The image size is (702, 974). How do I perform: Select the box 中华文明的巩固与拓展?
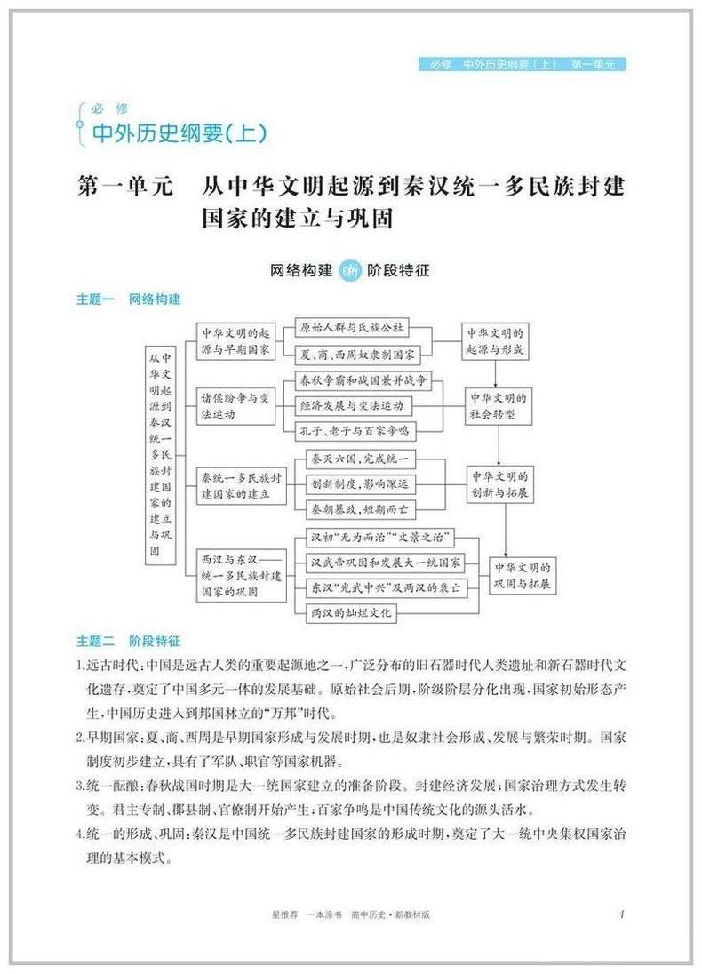[523, 577]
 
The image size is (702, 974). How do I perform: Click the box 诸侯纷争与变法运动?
[235, 405]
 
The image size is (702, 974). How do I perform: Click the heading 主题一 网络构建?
[128, 299]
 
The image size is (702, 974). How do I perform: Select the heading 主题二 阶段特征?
[128, 639]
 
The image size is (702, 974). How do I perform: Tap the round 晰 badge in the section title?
[350, 270]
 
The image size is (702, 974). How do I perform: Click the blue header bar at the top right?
[523, 64]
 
